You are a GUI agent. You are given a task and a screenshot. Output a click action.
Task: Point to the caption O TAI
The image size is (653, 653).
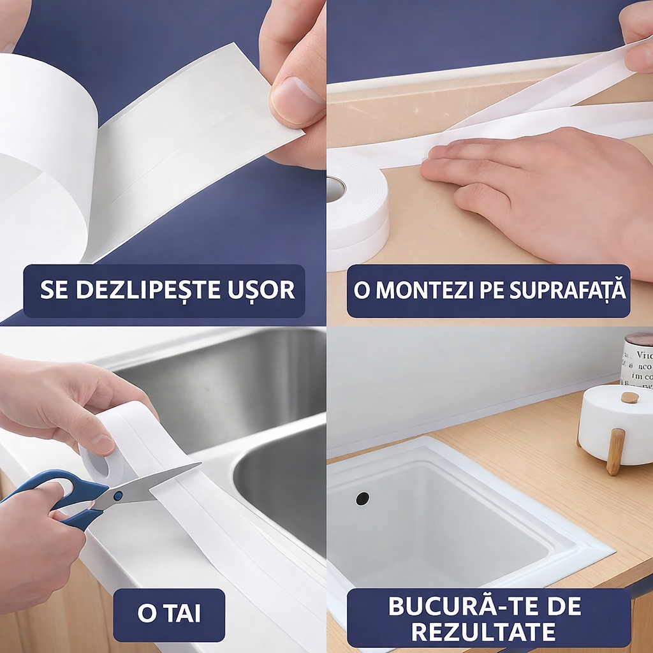169,614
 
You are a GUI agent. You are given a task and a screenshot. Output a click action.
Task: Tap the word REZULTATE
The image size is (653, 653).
483,632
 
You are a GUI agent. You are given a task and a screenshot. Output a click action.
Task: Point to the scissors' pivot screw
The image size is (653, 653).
117,494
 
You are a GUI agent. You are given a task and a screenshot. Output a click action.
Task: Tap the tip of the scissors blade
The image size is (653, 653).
199,465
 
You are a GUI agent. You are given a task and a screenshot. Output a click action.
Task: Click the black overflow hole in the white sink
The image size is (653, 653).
362,498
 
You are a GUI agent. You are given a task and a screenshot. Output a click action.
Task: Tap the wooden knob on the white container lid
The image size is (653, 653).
629,397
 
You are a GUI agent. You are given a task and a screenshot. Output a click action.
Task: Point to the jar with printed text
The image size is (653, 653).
637,360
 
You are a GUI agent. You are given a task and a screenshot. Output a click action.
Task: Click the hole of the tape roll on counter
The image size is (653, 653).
335,189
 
